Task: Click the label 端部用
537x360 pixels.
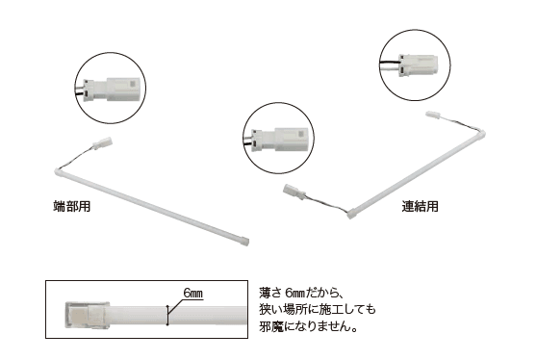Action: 72,206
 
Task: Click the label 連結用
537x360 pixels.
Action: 420,206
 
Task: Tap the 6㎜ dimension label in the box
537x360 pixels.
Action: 193,294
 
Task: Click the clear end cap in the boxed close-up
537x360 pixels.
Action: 87,315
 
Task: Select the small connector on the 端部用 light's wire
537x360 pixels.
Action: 103,142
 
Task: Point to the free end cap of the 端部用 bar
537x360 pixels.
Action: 244,242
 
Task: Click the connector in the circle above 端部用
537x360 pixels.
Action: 112,90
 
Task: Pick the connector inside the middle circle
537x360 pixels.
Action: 279,140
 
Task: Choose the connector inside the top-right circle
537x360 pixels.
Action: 419,64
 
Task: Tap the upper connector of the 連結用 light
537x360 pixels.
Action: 434,116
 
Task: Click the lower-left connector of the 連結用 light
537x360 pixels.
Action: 294,193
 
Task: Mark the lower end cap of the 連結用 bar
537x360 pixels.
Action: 352,215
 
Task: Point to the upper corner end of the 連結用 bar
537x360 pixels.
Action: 481,133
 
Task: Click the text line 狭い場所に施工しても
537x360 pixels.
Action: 318,310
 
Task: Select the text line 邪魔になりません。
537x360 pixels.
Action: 308,326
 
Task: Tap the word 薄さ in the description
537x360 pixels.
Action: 270,294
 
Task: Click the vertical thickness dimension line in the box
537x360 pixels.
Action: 167,315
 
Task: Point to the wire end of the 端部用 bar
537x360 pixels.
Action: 58,171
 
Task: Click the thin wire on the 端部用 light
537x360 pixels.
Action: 77,157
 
